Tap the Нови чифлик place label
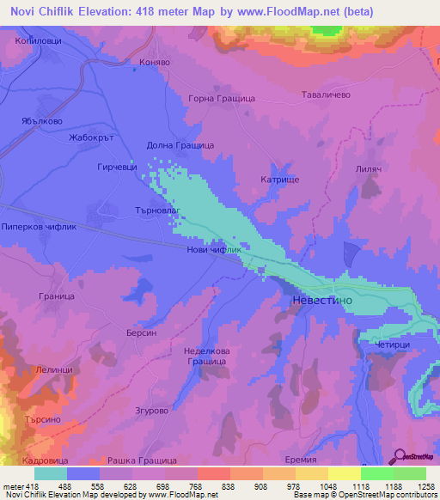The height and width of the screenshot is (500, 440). pyautogui.click(x=211, y=250)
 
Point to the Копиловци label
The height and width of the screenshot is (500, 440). pyautogui.click(x=37, y=40)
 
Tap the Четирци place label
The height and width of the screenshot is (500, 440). pyautogui.click(x=394, y=345)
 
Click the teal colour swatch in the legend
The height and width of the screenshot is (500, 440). pyautogui.click(x=51, y=473)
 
